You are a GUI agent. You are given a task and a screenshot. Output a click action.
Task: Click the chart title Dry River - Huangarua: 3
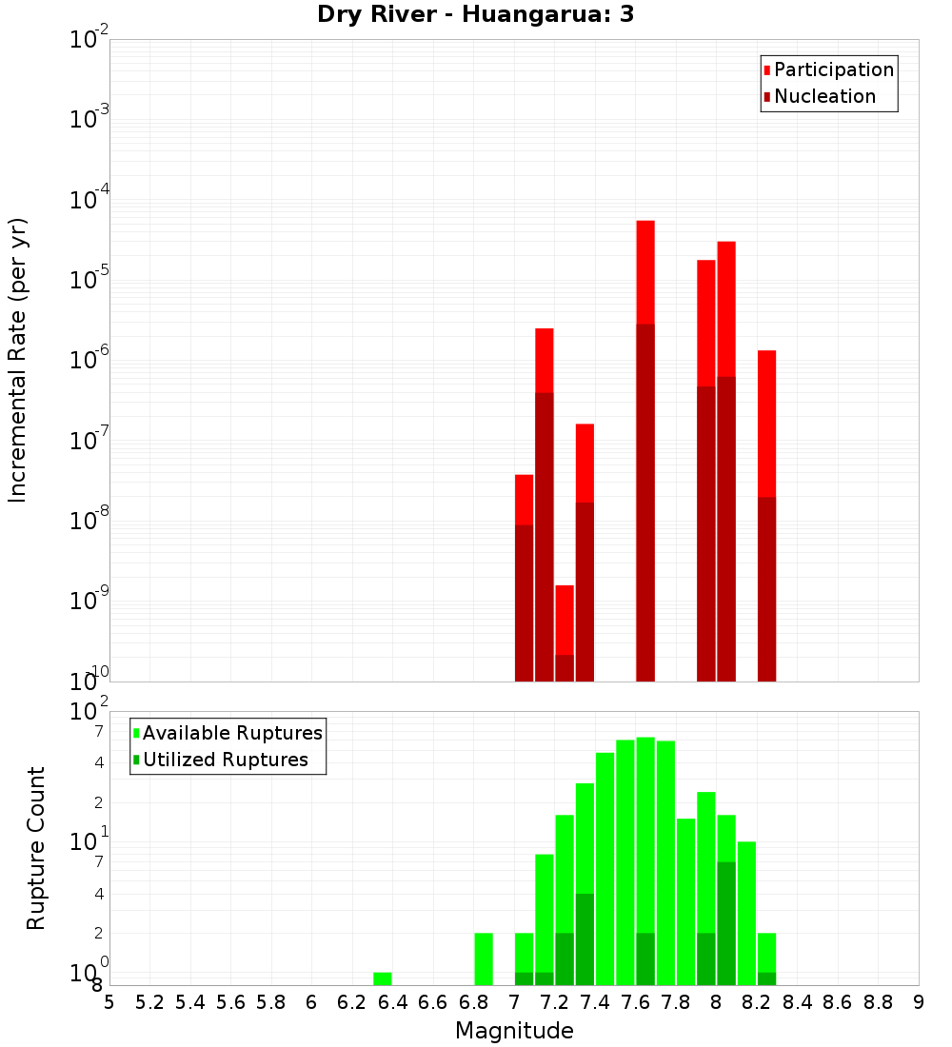point(476,15)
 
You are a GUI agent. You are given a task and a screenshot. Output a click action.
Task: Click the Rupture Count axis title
point(36,848)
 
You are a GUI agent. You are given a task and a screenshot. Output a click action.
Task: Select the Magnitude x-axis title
point(514,1031)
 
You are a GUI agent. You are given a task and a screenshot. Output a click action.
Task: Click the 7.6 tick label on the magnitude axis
point(635,1002)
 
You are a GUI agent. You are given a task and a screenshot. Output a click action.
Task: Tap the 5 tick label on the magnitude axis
point(109,1002)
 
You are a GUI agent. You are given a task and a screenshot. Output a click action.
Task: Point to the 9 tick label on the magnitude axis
point(919,1002)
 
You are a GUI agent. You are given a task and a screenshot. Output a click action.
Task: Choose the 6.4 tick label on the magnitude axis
point(392,1002)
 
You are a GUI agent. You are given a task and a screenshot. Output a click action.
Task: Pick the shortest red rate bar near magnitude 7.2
point(565,620)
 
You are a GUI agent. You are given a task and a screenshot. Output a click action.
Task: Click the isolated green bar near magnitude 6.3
point(383,978)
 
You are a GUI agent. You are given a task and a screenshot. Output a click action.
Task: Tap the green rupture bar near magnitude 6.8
point(484,958)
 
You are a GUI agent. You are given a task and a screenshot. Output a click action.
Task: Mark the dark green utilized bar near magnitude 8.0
point(726,923)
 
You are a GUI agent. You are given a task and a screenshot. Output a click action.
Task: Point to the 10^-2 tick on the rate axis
point(90,40)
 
